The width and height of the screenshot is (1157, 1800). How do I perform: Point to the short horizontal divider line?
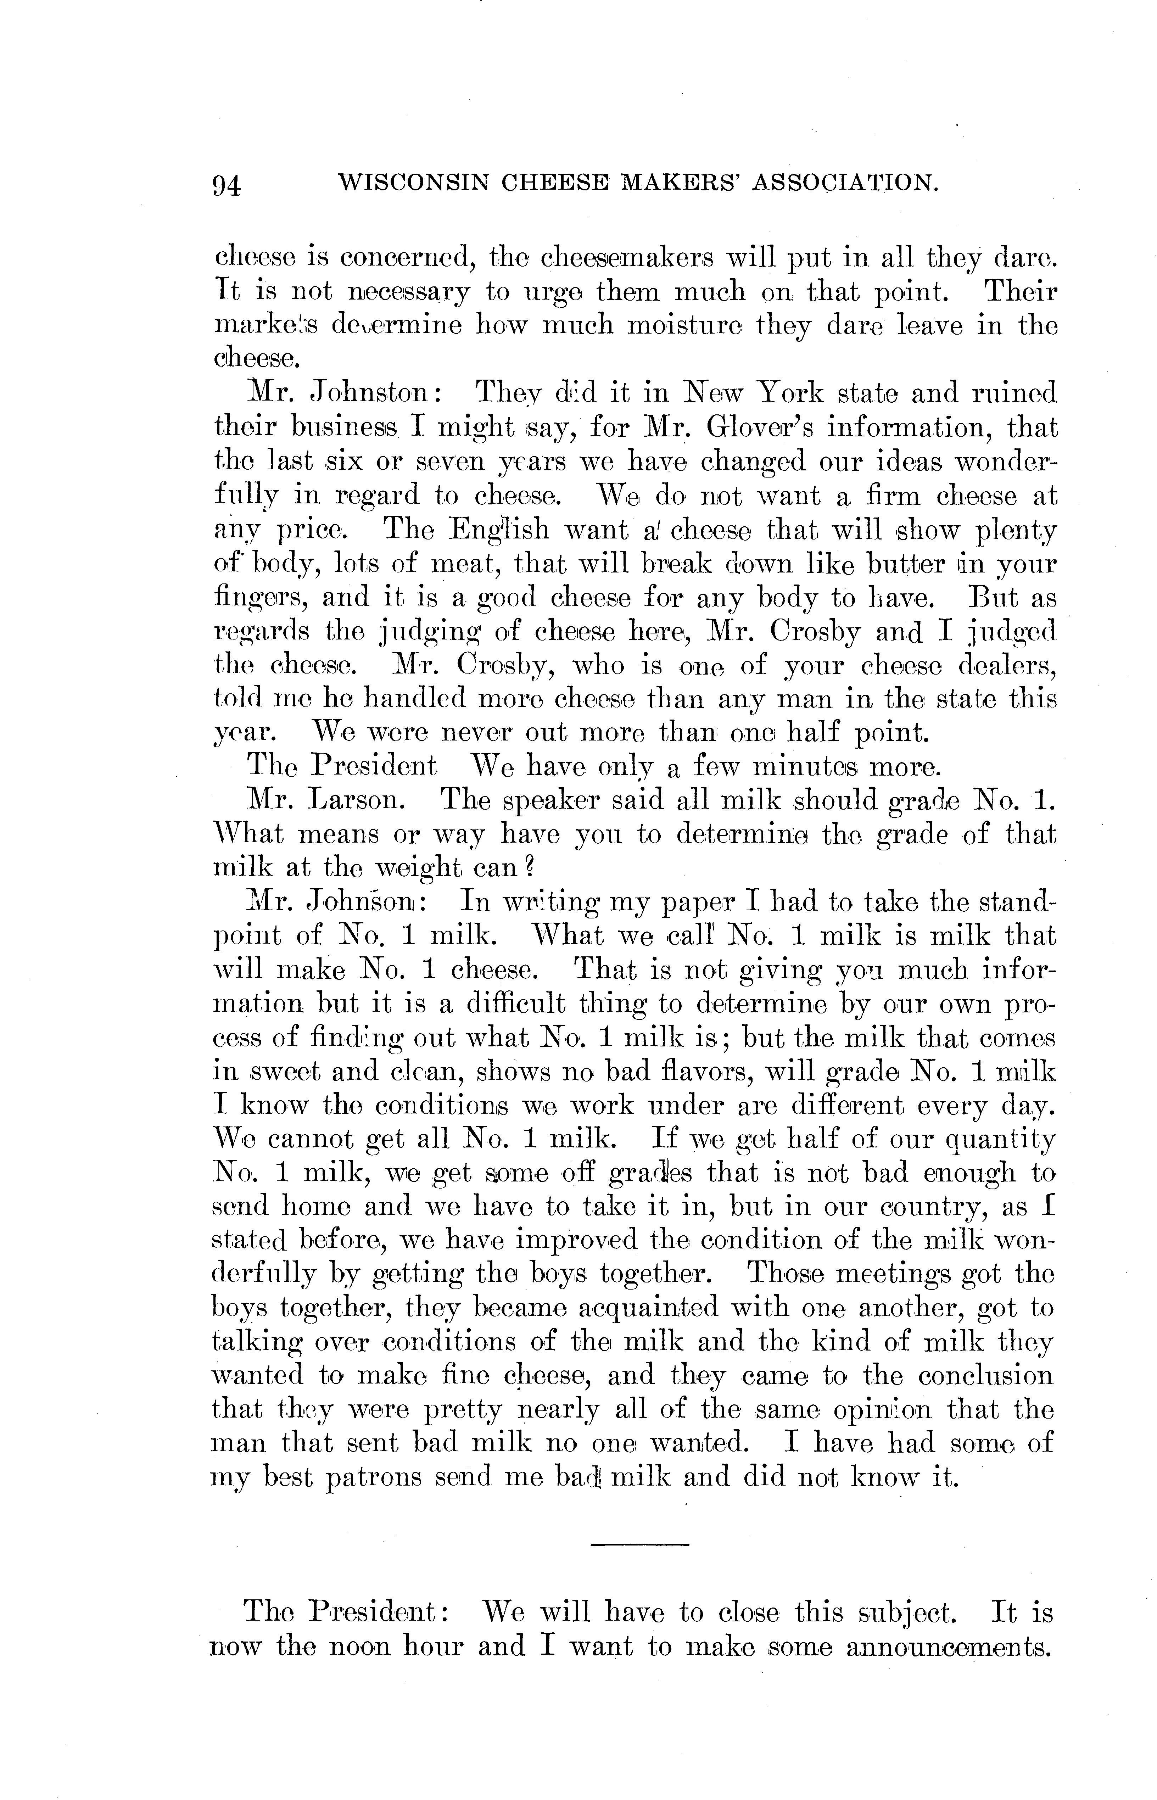pos(639,1544)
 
